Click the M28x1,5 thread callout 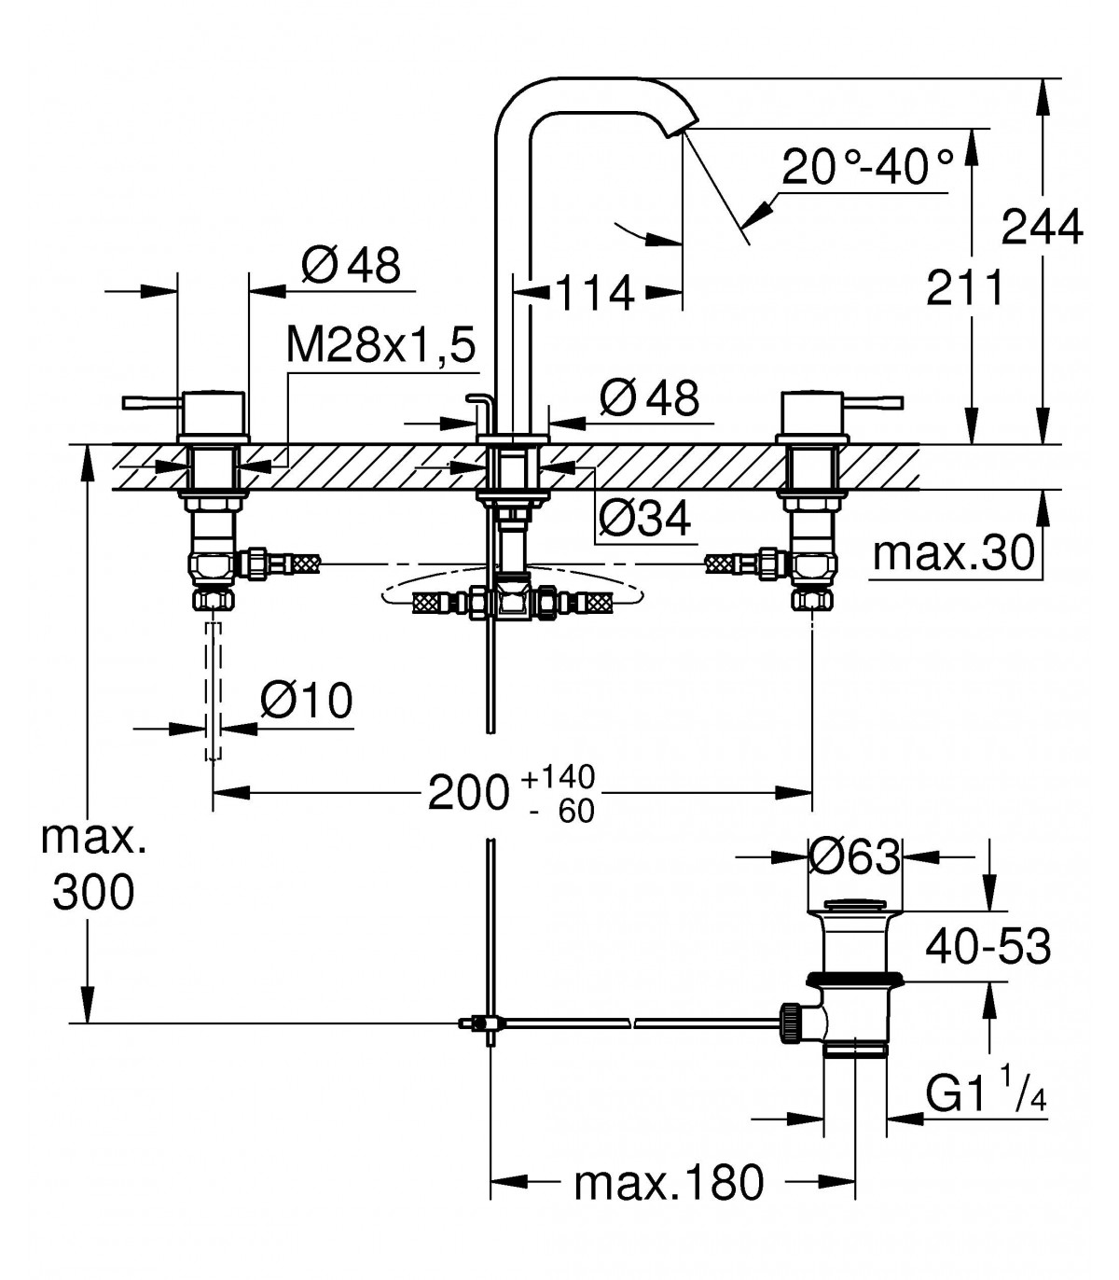point(380,344)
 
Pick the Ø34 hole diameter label point(645,518)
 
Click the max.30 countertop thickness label point(953,553)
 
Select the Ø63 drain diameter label point(854,856)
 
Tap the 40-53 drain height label point(988,947)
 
